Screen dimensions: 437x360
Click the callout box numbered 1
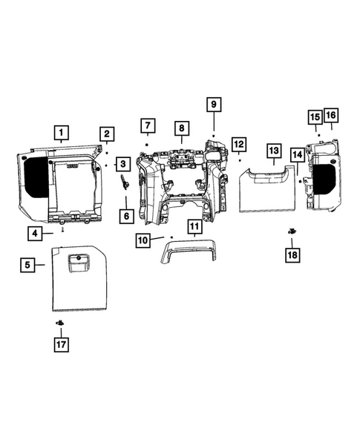coord(62,134)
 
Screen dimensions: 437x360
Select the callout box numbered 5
coord(27,263)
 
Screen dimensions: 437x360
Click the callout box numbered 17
coord(59,344)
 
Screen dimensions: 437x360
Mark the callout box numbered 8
coord(180,129)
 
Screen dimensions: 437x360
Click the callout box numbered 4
coord(36,234)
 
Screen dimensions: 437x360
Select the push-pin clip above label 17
coord(58,323)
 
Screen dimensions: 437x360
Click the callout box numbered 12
coord(238,143)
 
